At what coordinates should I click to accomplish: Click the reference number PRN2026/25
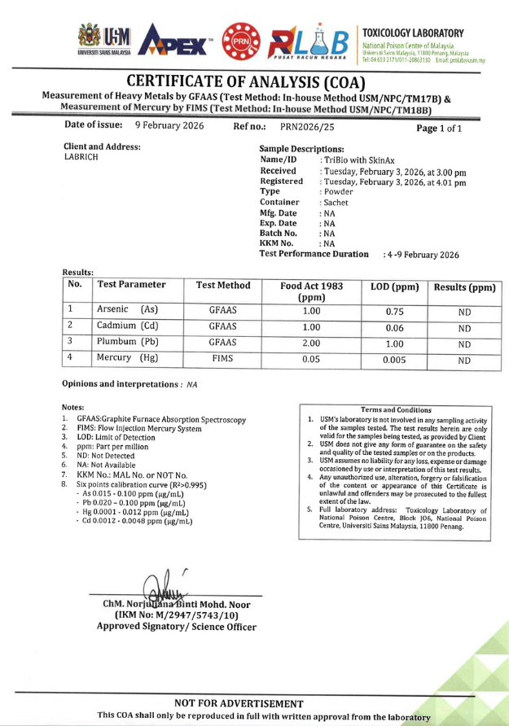[307, 128]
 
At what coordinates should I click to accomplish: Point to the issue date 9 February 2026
[170, 128]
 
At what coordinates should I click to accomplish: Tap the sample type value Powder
[339, 192]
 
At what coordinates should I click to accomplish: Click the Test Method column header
[223, 286]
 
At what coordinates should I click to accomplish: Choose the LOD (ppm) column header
[394, 287]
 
